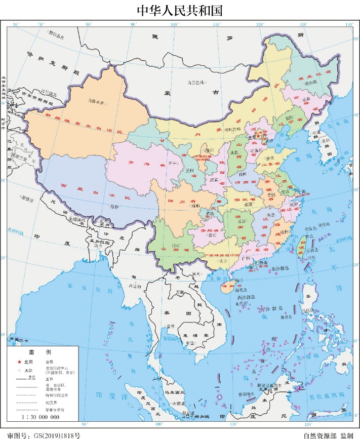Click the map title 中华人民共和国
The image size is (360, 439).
click(180, 10)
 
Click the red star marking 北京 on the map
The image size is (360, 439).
click(257, 135)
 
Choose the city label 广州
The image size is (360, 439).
click(247, 258)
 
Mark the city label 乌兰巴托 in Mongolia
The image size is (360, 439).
click(195, 82)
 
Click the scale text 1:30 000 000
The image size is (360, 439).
click(41, 417)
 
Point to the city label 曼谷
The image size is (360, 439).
click(171, 326)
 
